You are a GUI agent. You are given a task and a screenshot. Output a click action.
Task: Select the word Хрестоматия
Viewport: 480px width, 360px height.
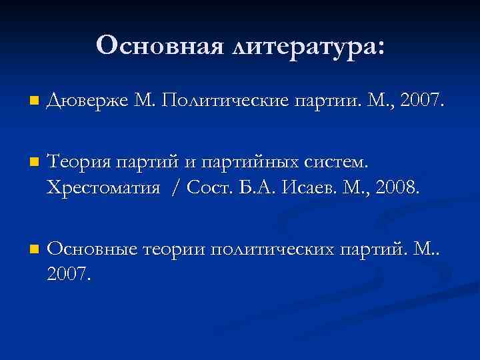tap(103, 188)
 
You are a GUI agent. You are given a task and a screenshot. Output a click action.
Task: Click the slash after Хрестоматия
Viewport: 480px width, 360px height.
tap(175, 188)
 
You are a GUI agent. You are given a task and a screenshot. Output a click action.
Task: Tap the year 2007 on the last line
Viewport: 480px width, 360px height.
tap(66, 274)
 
